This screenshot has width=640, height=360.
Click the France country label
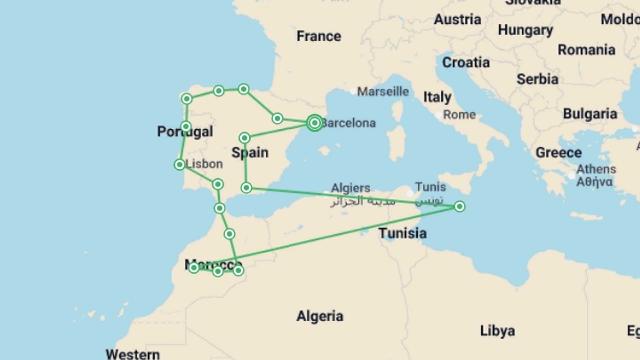pos(319,36)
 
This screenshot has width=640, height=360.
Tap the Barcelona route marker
pos(314,123)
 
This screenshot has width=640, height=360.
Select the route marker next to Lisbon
pos(180,164)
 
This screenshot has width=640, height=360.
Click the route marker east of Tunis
pos(459,207)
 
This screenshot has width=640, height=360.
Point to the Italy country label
pos(437,97)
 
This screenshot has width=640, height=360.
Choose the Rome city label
pos(459,115)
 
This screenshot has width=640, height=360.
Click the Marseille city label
pos(383,91)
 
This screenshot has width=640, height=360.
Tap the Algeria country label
pos(320,316)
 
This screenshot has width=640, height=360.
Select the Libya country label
pos(497,331)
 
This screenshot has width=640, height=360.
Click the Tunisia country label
pos(402,233)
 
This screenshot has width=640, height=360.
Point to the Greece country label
pos(558,153)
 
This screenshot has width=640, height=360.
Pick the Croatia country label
pos(466,62)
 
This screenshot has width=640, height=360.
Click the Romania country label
pos(586,50)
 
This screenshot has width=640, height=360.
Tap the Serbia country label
pos(537,79)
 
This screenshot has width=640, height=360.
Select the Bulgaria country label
pos(590,114)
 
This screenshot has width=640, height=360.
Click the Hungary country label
pos(525,30)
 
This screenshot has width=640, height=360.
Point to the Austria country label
pos(457,19)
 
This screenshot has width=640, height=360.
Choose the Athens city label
pos(596,169)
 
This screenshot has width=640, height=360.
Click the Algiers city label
pos(350,188)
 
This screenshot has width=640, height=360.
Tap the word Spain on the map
pos(250,153)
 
